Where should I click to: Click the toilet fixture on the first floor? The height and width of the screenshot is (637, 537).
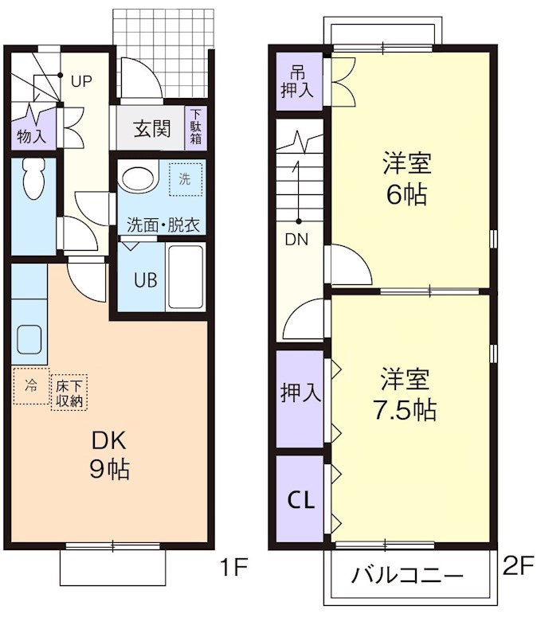pos(33,178)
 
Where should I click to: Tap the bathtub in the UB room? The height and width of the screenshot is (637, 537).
pos(186,276)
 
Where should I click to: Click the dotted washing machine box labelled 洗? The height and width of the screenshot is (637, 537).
pos(186,179)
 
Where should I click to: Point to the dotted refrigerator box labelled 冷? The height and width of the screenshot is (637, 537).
pos(31,386)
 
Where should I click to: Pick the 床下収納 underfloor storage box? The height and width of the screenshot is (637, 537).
pos(69,392)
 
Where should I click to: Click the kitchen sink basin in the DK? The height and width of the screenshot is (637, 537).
pos(29,340)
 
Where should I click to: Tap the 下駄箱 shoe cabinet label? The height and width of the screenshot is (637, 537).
pos(196,127)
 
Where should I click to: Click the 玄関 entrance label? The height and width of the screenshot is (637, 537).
pos(152,129)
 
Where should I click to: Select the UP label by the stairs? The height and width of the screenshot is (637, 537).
pos(81,82)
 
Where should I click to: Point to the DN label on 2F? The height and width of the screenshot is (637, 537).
pos(296,240)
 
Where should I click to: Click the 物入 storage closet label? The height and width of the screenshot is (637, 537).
pos(31,136)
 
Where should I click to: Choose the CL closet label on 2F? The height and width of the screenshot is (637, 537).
pos(301,500)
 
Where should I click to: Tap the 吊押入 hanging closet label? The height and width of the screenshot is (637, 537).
pos(297,84)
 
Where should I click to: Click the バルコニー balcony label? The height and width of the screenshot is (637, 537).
pos(407,576)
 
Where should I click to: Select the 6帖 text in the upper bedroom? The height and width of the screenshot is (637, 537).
pos(406,194)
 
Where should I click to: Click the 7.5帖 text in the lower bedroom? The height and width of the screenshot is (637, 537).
pos(405,410)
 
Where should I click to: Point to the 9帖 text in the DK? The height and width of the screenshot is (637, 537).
pos(109,470)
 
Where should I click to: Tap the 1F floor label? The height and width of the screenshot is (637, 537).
pos(233,567)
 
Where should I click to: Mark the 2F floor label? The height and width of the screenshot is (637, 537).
pos(518,566)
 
